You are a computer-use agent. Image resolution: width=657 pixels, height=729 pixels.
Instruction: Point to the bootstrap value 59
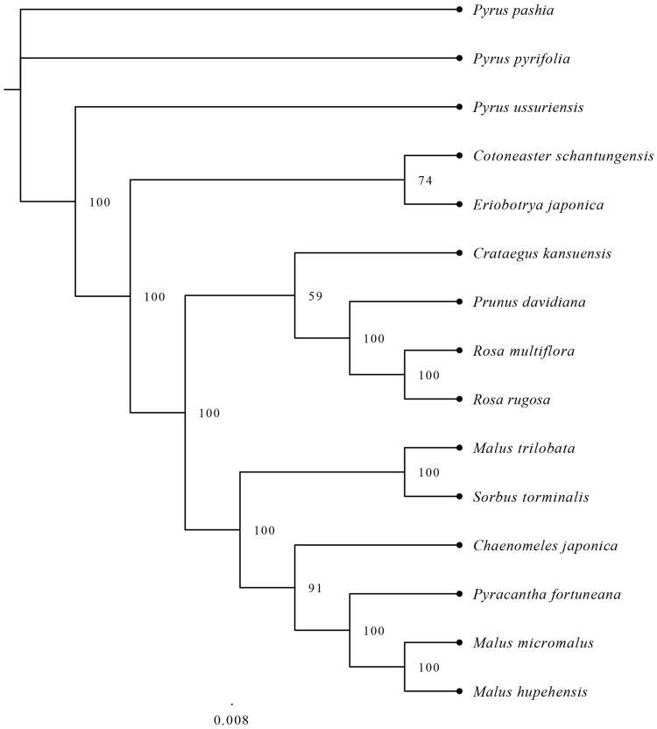point(315,296)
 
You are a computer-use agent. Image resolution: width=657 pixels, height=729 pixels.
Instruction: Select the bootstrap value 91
point(315,588)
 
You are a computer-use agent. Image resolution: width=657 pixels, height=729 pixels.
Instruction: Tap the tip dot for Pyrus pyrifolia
point(459,59)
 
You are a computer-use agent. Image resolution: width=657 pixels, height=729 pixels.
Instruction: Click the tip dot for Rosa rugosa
point(459,400)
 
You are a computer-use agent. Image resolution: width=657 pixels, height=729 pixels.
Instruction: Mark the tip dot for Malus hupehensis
point(459,691)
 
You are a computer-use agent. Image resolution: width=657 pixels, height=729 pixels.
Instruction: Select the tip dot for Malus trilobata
point(459,448)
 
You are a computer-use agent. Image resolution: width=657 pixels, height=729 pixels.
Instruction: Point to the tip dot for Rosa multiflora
point(459,350)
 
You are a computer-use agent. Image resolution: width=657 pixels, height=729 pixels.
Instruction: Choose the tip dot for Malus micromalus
point(459,642)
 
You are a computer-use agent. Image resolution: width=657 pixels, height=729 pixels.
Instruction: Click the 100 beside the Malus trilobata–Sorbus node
point(428,473)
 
